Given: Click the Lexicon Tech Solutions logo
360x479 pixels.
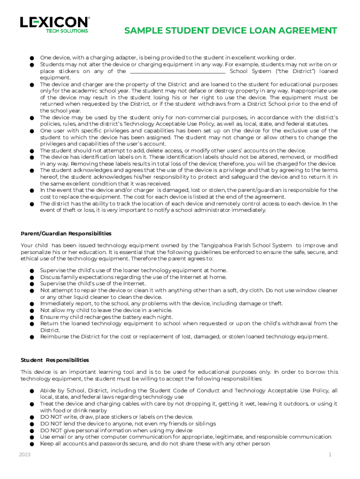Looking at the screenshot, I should (54, 24).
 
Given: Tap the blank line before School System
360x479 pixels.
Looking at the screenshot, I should (177, 71).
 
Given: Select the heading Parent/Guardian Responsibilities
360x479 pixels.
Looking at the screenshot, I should (66, 233).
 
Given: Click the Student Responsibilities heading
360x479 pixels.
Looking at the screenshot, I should (55, 360).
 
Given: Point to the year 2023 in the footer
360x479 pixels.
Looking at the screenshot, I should (25, 455).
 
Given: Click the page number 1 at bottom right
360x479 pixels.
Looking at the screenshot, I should (330, 455).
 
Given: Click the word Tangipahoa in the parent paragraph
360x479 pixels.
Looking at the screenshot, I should (219, 246).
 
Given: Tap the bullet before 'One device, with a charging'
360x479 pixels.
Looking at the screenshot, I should (31, 58).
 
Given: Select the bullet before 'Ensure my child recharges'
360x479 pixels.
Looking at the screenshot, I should (31, 317).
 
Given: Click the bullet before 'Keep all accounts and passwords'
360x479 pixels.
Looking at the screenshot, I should (31, 444).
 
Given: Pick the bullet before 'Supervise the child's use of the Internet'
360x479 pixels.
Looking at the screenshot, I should (31, 284).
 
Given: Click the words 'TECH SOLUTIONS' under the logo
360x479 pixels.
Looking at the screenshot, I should (66, 31).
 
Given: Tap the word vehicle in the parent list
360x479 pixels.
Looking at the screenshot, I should (162, 310).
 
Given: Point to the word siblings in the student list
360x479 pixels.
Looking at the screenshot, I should (203, 424).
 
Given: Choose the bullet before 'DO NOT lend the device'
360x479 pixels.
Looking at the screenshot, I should (31, 424).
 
